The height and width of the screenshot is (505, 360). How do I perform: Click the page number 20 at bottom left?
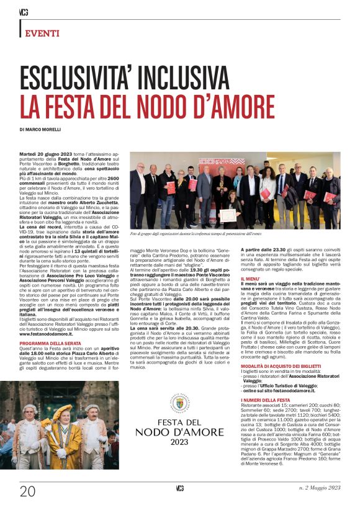pyautogui.click(x=27, y=491)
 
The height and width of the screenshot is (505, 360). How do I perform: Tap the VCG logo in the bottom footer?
pyautogui.click(x=179, y=489)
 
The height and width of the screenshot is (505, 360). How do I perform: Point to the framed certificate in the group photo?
pyautogui.click(x=227, y=215)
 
